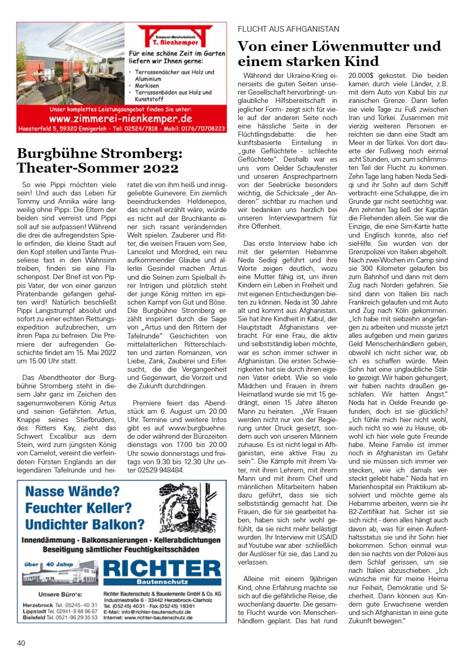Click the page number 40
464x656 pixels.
(x=21, y=643)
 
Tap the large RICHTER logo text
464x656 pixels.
(x=162, y=569)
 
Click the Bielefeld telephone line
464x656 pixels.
(x=60, y=617)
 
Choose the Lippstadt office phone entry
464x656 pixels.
(x=60, y=611)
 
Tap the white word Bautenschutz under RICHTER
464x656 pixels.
(x=163, y=581)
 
